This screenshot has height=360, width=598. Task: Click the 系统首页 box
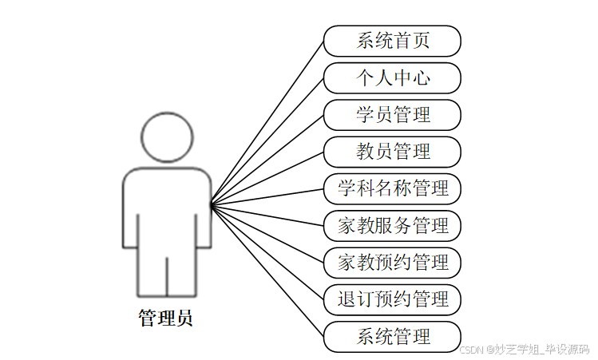coord(392,41)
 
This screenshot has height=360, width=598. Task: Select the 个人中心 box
coord(392,77)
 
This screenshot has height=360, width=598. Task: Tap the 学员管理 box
coord(392,114)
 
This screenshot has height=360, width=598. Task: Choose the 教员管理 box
coord(392,151)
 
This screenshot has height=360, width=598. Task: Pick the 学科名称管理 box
coord(392,188)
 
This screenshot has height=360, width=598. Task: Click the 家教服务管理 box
coord(392,225)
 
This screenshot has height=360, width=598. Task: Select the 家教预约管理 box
coord(392,262)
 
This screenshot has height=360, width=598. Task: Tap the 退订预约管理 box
coord(392,299)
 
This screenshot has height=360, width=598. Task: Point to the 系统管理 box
coord(392,336)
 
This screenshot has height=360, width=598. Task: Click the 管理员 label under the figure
coord(165,318)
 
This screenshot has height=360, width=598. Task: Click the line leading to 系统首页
coord(267,123)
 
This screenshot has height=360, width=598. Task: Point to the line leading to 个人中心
coord(267,141)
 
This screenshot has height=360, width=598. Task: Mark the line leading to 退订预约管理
coord(267,253)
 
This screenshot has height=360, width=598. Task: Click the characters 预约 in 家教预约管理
coord(392,262)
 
